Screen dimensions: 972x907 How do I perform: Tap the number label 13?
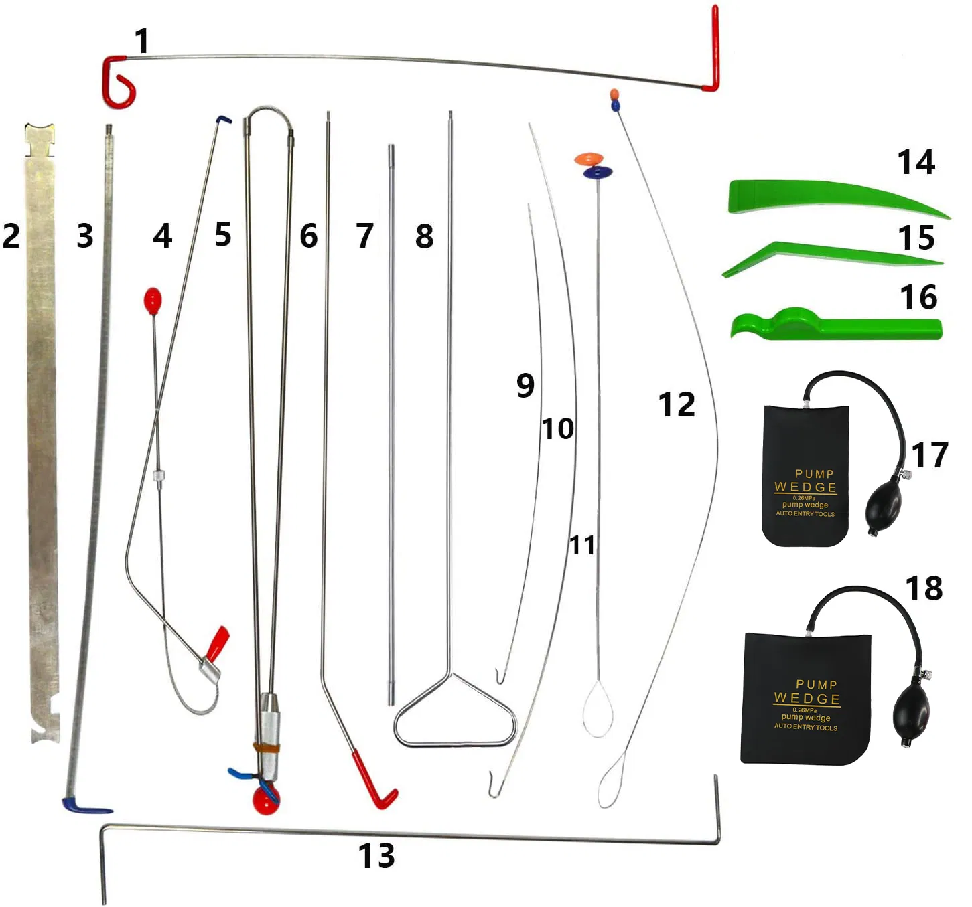click(376, 855)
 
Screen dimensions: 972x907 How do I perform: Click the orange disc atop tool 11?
click(589, 159)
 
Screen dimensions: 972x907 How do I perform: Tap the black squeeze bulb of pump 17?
click(884, 509)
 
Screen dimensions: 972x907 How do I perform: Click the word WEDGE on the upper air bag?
click(805, 487)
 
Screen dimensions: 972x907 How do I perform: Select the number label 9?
click(525, 386)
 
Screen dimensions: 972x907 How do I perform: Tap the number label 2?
click(11, 236)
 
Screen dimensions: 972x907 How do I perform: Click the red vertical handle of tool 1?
click(714, 48)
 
